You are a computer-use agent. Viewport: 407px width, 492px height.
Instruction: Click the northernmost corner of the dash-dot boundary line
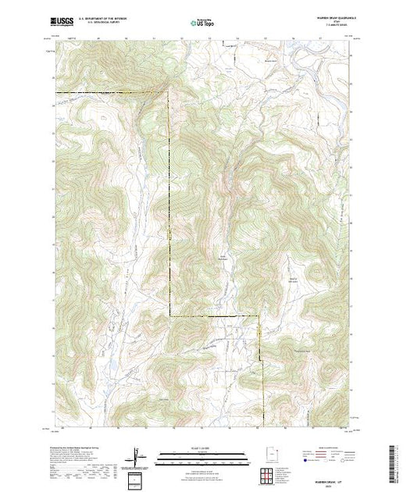coord(168,92)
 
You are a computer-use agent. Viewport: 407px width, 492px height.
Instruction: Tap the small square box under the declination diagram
coord(137,476)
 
